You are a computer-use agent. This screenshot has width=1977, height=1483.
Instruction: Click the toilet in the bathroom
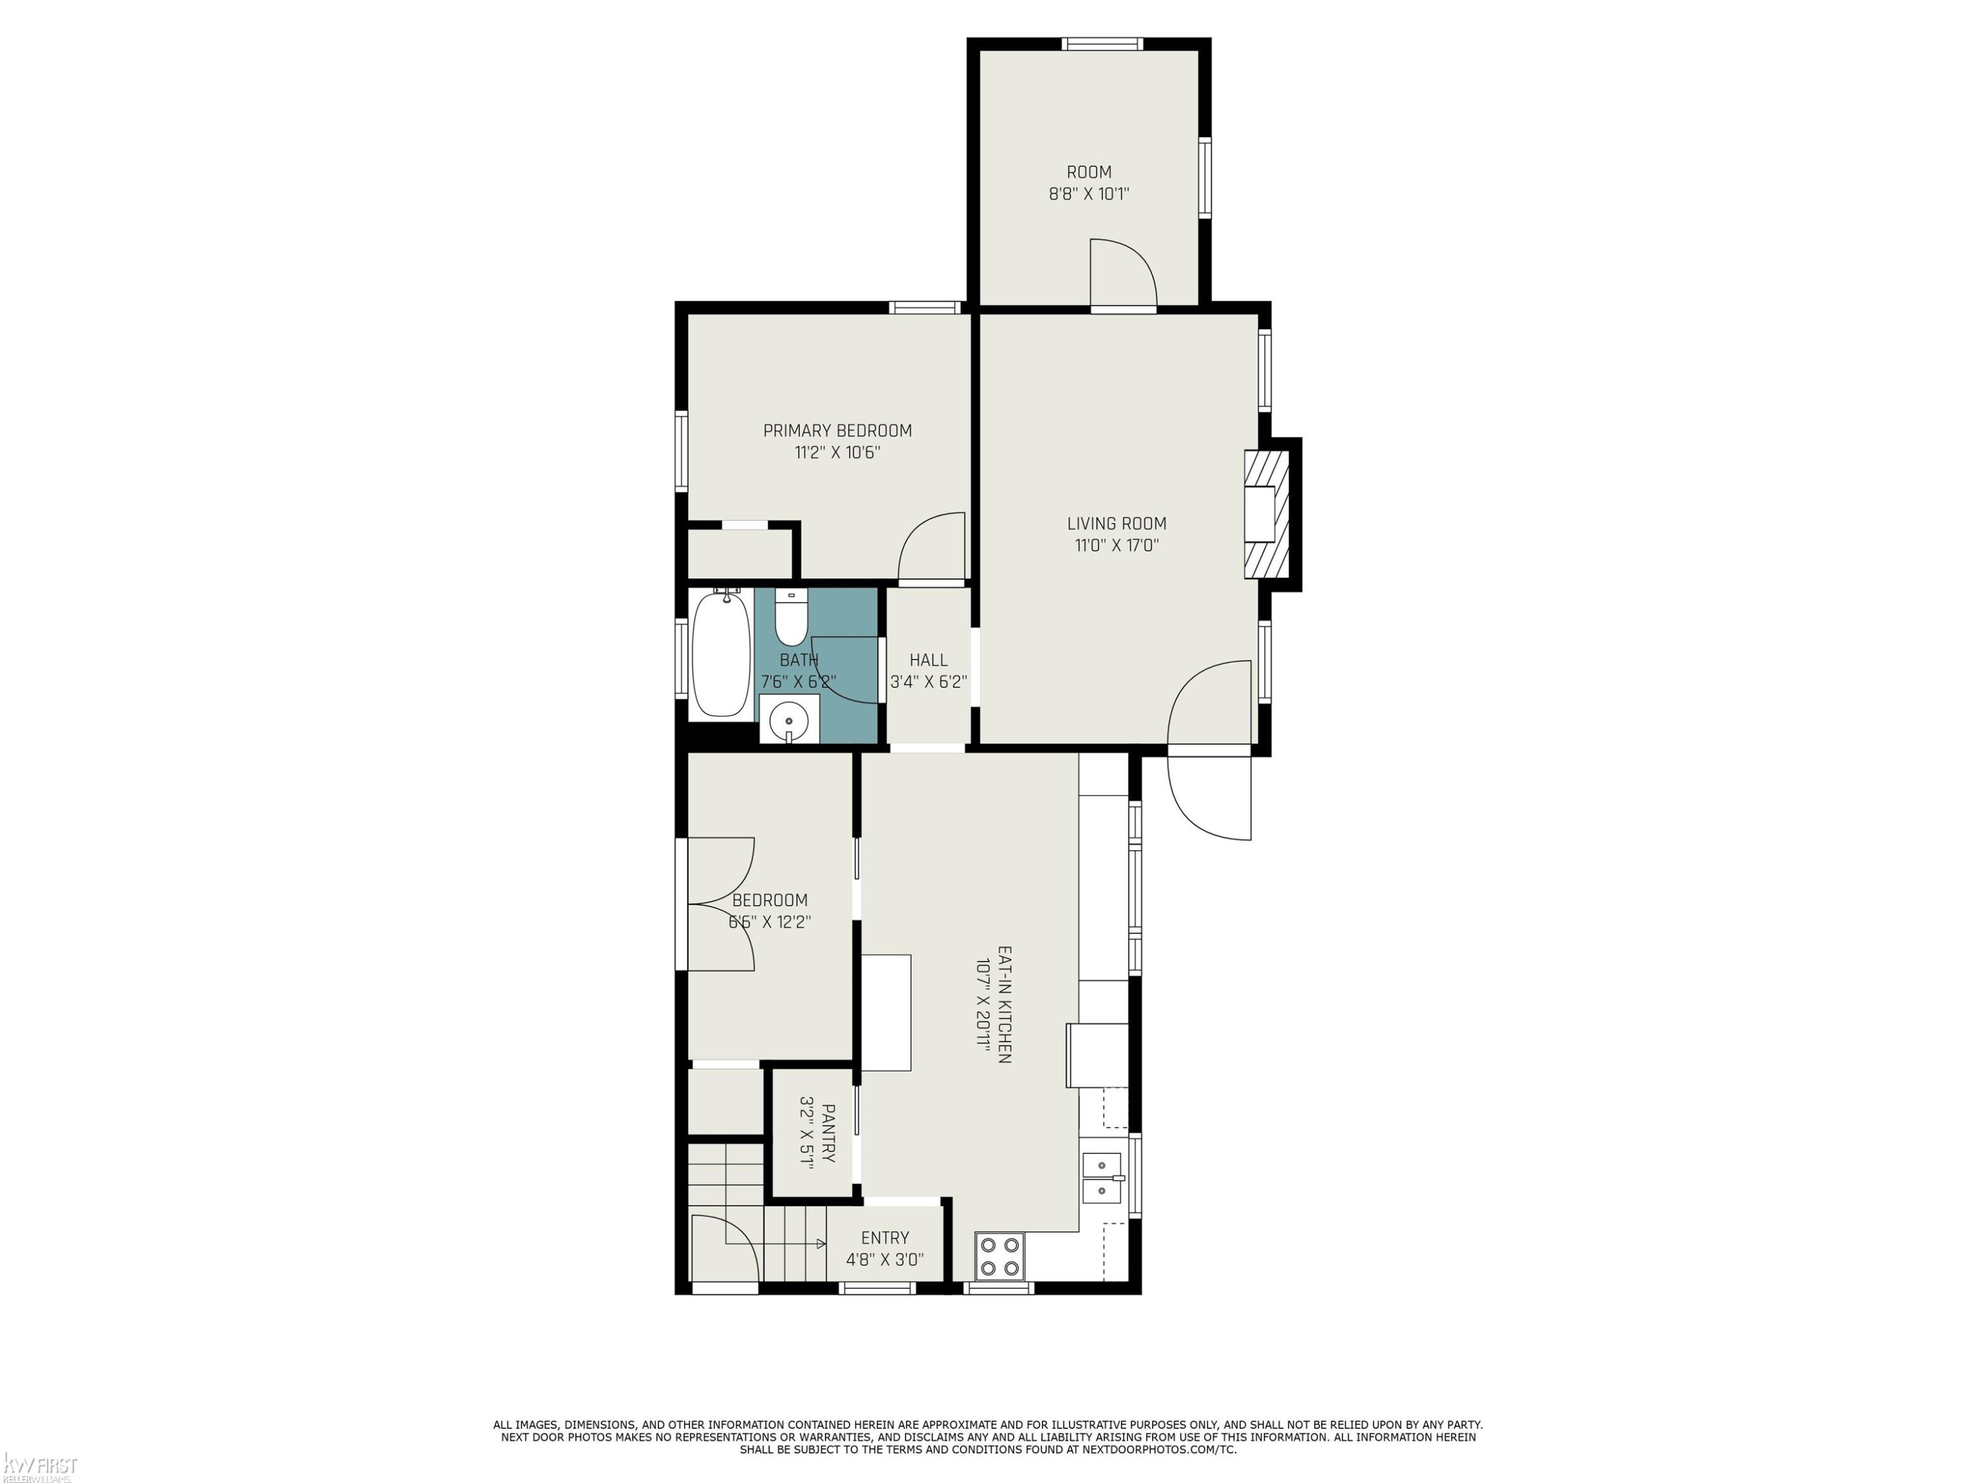click(791, 617)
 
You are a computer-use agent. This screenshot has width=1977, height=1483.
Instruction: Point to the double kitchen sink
click(1104, 1178)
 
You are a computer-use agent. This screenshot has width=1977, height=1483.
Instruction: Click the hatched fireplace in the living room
click(1267, 514)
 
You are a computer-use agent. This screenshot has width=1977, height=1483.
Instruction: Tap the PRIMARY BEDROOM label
click(838, 431)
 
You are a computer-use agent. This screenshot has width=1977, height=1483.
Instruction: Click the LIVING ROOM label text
click(1116, 524)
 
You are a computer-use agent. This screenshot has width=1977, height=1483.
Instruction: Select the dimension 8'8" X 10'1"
click(1089, 194)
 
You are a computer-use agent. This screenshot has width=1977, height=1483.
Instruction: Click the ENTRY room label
click(885, 1238)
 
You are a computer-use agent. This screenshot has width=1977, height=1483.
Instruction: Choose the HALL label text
click(929, 660)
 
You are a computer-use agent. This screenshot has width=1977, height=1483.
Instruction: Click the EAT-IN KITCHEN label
click(1004, 1004)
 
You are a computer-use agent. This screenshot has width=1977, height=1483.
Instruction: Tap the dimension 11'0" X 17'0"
click(1116, 545)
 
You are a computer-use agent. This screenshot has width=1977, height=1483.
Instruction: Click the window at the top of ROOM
click(1102, 44)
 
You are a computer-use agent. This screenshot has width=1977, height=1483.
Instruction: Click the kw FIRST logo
click(40, 1467)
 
